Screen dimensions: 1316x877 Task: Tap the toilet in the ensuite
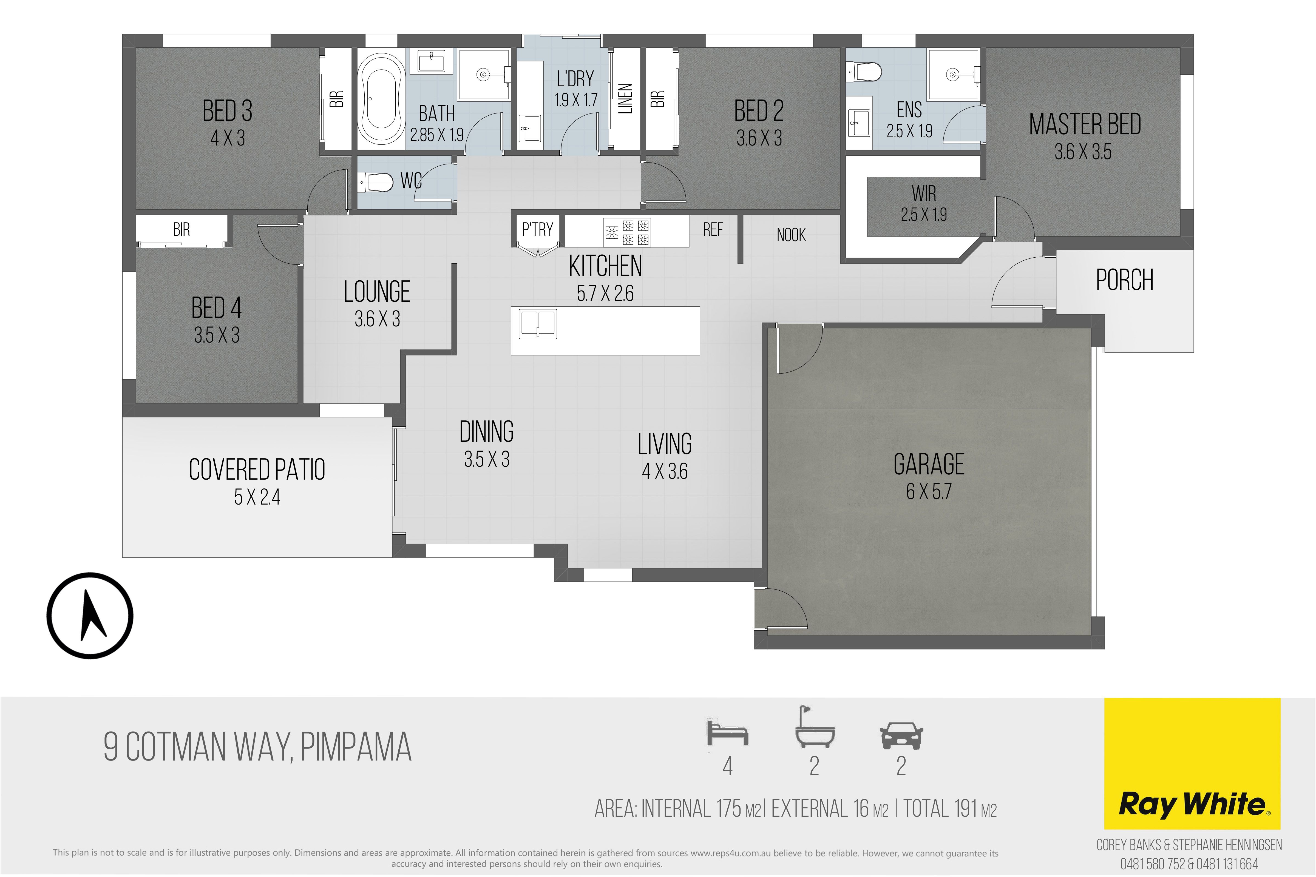(864, 72)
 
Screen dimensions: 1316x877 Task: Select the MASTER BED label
(1085, 124)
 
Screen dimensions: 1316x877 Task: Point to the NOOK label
(791, 235)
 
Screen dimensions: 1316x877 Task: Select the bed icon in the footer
(727, 733)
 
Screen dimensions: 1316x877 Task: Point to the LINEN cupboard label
(625, 98)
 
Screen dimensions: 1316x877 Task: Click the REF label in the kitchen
(713, 229)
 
